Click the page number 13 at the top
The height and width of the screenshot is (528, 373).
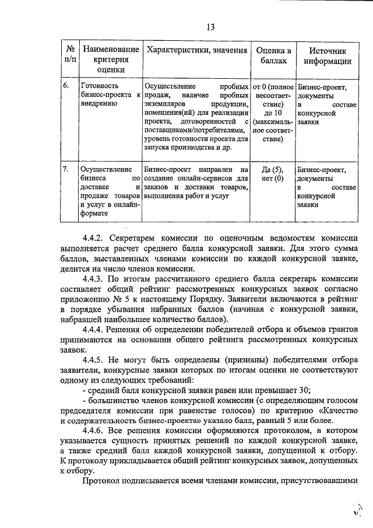tap(210, 26)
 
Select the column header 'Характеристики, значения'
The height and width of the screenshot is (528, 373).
tap(197, 51)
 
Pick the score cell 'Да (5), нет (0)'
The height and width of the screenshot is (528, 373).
tap(272, 173)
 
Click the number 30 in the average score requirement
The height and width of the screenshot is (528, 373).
tap(305, 391)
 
